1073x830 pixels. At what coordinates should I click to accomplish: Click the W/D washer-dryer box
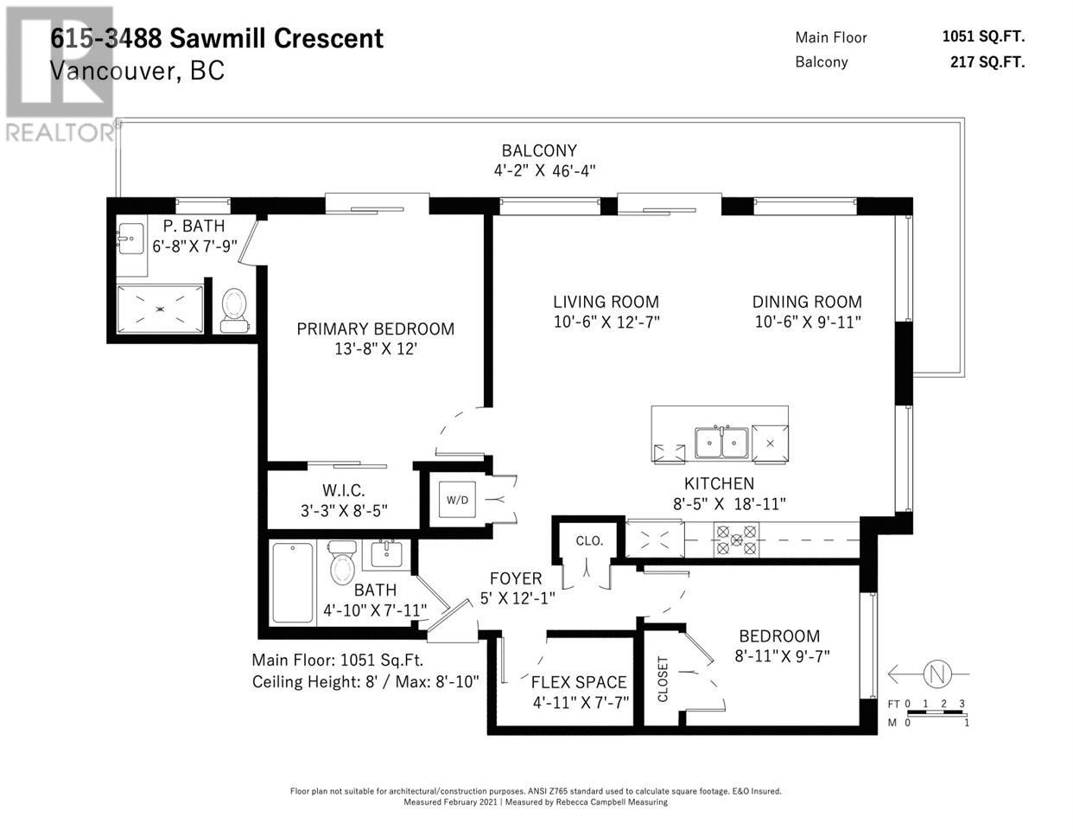click(457, 500)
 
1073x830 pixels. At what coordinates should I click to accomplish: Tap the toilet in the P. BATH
click(234, 310)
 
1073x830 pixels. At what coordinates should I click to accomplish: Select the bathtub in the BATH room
click(292, 583)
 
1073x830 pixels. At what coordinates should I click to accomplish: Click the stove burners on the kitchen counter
click(736, 540)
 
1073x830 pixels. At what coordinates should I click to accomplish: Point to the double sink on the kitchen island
click(721, 443)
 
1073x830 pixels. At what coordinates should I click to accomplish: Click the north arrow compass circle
click(937, 674)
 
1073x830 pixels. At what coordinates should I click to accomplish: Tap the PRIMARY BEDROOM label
click(375, 329)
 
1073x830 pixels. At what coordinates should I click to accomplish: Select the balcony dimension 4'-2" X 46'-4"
click(544, 171)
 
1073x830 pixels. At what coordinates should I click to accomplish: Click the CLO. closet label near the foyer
click(589, 541)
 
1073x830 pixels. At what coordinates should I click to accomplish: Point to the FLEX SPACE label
click(579, 682)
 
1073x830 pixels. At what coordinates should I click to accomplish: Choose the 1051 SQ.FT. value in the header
click(984, 36)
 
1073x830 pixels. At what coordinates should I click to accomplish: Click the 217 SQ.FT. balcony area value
click(987, 61)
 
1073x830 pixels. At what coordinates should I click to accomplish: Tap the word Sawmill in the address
click(218, 39)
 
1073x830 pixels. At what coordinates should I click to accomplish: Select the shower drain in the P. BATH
click(160, 310)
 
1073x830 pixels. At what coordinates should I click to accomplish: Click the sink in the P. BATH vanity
click(131, 239)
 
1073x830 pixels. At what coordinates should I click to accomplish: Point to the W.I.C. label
click(344, 490)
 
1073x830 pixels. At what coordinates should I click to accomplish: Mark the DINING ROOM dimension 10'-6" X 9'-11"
click(808, 322)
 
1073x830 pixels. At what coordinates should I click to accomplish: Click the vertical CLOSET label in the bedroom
click(663, 680)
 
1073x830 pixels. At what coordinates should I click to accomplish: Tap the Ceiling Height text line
click(365, 682)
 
